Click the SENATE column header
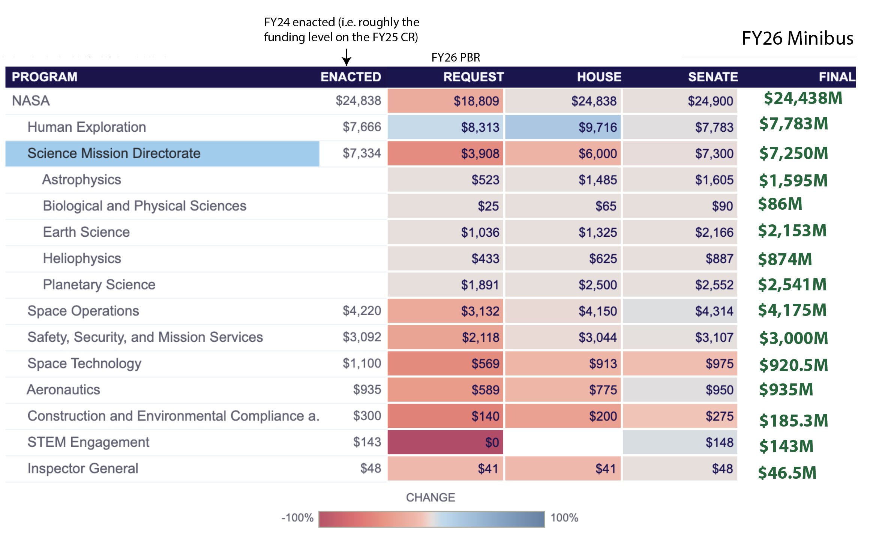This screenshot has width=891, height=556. [x=712, y=77]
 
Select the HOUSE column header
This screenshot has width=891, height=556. [x=599, y=77]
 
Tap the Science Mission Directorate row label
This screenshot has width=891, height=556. [x=114, y=153]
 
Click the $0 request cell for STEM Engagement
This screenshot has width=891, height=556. [x=445, y=442]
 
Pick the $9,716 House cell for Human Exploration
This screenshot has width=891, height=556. [x=563, y=127]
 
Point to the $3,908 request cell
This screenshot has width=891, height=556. [x=445, y=153]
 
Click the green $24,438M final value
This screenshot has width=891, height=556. [x=803, y=98]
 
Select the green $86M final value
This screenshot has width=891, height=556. [x=780, y=204]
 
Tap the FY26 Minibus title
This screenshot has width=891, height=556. [x=797, y=38]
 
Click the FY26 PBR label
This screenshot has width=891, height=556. [x=456, y=57]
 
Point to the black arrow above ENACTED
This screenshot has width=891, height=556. [x=346, y=57]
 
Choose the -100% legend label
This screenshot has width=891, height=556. [x=297, y=518]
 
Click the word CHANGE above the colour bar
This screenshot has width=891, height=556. [x=430, y=497]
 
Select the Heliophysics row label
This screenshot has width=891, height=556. [x=82, y=258]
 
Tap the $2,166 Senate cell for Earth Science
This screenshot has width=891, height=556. [x=680, y=232]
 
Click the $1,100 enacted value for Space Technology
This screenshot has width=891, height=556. [x=361, y=363]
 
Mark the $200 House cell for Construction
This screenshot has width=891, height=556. [x=563, y=416]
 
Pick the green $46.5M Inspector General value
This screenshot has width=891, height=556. [x=787, y=473]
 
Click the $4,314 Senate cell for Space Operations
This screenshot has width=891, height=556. [x=680, y=311]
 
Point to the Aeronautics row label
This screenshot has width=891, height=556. [x=63, y=390]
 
